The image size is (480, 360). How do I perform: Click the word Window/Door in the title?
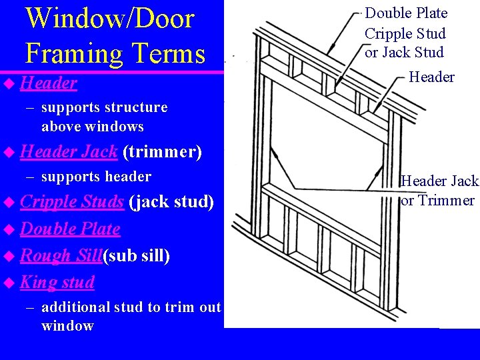[x=110, y=18]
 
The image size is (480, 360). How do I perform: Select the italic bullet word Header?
[x=49, y=83]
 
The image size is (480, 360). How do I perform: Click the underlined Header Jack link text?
[x=69, y=152]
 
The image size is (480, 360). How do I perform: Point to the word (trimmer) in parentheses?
[x=162, y=152]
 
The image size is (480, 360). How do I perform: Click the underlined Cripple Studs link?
[x=72, y=201]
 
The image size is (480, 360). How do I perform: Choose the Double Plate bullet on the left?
[x=70, y=229]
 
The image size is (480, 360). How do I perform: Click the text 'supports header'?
[x=96, y=177]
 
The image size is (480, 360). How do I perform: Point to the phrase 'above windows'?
[x=93, y=126]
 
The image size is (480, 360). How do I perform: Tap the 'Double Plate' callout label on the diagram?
[x=406, y=13]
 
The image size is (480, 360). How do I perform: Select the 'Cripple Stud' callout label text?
[x=405, y=33]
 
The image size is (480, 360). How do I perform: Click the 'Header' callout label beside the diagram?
[x=431, y=77]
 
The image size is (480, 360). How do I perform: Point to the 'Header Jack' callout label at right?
[x=439, y=181]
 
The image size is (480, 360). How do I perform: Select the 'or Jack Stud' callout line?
[x=404, y=52]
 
